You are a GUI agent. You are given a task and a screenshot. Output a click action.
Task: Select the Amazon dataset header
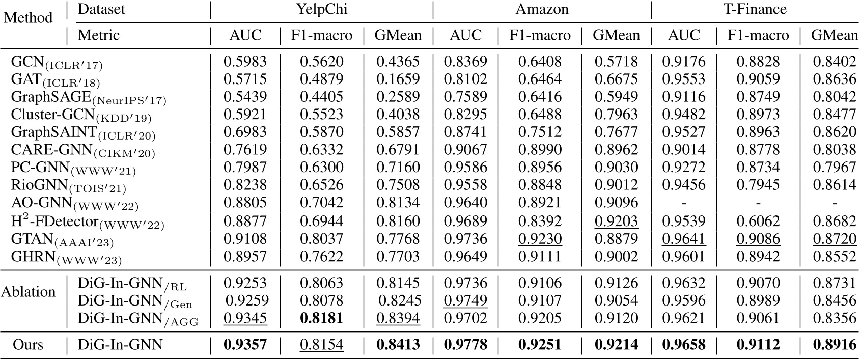tap(542, 9)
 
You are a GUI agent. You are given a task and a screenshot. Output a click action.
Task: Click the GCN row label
tap(57, 63)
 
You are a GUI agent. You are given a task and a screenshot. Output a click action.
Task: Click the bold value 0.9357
tap(245, 345)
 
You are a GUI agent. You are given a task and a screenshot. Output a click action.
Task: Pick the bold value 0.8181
tap(321, 319)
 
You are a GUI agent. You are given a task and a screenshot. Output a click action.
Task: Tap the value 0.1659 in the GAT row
tap(398, 79)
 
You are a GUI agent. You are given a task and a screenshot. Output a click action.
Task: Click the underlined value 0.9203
tap(616, 221)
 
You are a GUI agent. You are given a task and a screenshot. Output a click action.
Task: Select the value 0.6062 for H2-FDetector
tap(758, 221)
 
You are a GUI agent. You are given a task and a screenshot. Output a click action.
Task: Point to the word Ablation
tap(28, 292)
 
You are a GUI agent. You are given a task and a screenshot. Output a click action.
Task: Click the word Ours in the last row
tap(28, 345)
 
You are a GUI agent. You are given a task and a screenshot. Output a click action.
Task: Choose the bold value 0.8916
tap(835, 345)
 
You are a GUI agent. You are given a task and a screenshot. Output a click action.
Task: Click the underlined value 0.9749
tap(465, 301)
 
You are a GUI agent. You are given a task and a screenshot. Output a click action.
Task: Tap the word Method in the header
tap(28, 18)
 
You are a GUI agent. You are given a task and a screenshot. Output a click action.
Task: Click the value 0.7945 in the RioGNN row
tap(758, 186)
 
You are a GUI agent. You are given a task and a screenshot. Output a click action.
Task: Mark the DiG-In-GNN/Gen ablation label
tap(135, 301)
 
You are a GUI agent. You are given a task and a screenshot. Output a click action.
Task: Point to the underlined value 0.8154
tap(321, 345)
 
